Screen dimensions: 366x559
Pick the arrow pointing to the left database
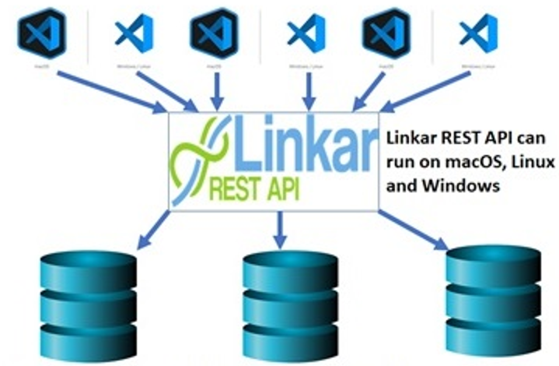(152, 229)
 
